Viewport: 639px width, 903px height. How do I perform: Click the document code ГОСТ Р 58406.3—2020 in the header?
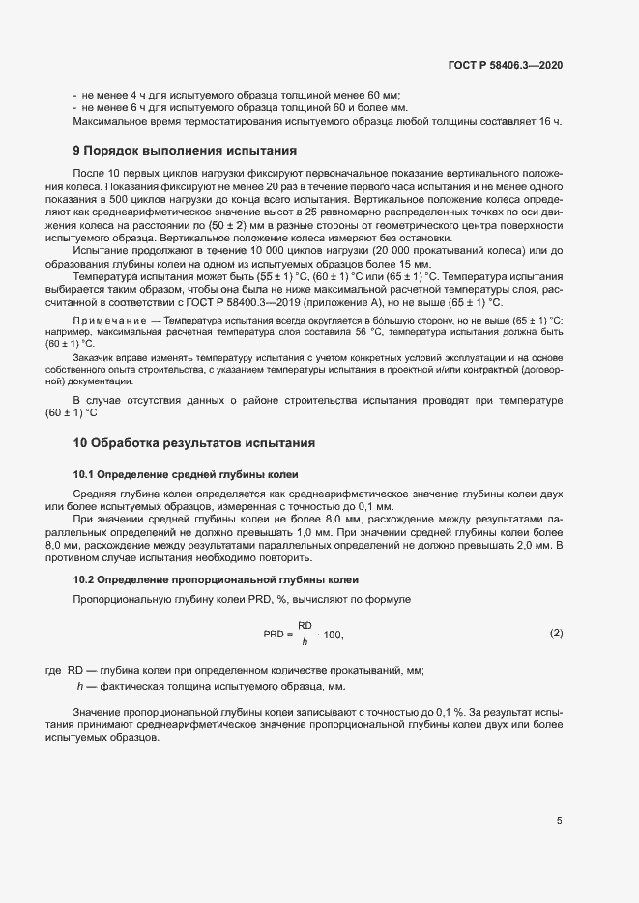(505, 65)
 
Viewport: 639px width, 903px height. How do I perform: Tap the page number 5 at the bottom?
(559, 821)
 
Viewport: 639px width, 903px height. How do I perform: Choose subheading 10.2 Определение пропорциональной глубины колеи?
(216, 579)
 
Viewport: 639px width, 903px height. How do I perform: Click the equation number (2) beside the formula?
(556, 634)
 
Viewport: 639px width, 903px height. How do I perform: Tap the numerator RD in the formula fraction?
(305, 626)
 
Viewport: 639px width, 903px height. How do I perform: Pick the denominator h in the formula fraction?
(305, 642)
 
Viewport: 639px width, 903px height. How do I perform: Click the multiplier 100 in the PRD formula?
(334, 635)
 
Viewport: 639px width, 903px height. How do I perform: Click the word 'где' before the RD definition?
(54, 670)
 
